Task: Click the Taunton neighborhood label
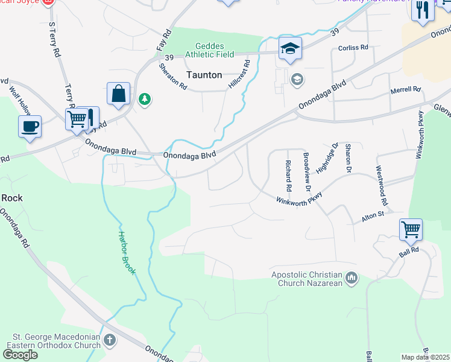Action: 204,75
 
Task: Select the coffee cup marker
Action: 30,127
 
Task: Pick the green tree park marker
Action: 144,99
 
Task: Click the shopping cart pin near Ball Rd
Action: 411,230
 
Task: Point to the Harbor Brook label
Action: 127,253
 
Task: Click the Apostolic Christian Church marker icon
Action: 352,278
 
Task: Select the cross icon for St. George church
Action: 109,340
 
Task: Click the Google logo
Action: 20,355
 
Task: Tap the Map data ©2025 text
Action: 426,357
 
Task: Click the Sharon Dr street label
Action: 348,158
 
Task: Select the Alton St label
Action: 372,215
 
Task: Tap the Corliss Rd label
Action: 353,47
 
